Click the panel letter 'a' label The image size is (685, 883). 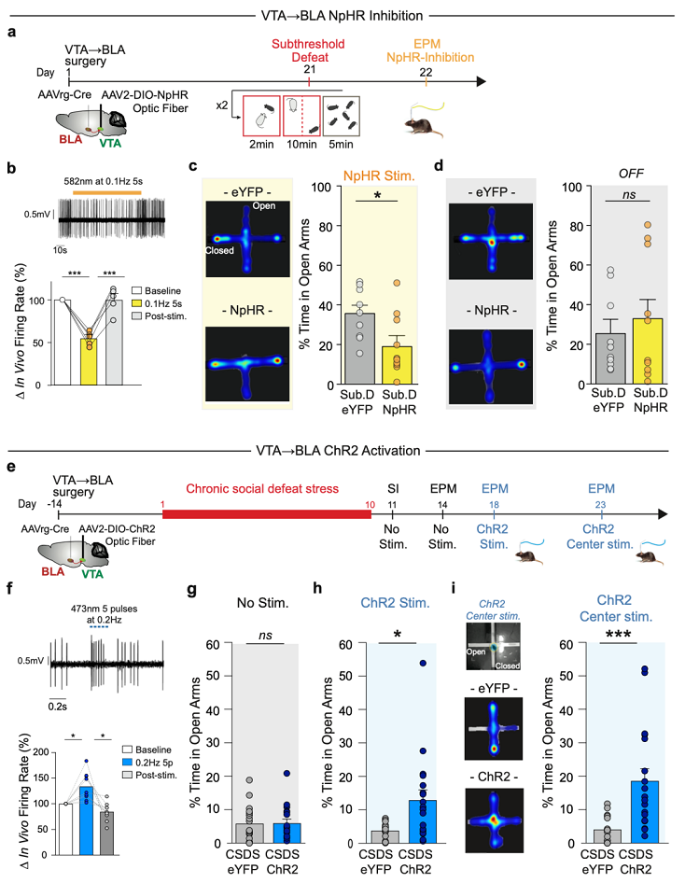point(12,32)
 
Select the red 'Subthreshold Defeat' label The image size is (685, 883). point(309,50)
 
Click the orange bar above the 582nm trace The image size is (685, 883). point(106,192)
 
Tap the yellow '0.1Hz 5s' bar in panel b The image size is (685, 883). point(89,361)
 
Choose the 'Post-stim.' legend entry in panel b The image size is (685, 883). point(160,315)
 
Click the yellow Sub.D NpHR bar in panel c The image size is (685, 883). point(397,366)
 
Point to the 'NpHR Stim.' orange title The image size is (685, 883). point(379,175)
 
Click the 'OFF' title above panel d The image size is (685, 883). point(630,174)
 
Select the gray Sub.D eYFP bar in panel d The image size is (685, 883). point(610,358)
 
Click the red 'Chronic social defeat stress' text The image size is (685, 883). point(262,489)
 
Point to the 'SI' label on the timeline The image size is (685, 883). point(392,489)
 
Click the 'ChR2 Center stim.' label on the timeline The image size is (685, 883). point(599,537)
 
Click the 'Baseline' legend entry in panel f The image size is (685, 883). point(149,750)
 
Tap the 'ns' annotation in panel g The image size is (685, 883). point(265,636)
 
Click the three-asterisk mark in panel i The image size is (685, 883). point(618,635)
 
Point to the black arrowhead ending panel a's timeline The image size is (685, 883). point(482,81)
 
